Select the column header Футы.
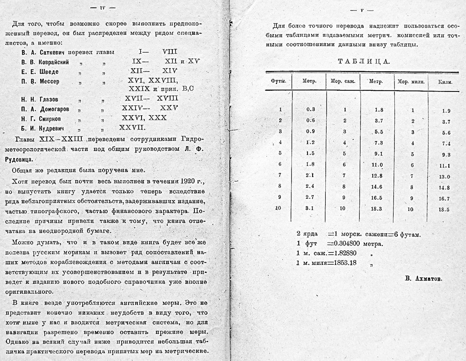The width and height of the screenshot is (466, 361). click(279, 81)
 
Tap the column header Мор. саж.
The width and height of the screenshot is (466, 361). click(343, 81)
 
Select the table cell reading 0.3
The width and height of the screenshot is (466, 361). click(311, 109)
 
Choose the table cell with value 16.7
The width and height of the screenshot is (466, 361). click(444, 199)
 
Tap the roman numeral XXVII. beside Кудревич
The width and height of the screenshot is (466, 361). click(133, 127)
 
